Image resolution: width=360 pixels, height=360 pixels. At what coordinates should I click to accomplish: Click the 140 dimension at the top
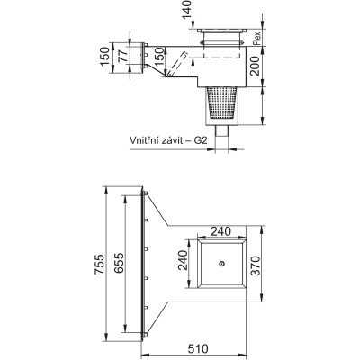click(186, 9)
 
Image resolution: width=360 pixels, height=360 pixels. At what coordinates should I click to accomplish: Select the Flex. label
click(257, 37)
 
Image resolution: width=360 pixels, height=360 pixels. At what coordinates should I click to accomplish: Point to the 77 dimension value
click(122, 56)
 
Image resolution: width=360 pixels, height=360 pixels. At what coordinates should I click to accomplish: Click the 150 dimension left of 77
click(105, 57)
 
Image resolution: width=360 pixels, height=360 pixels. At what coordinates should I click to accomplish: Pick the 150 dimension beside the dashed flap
click(159, 57)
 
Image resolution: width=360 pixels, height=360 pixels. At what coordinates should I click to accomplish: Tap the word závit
click(173, 140)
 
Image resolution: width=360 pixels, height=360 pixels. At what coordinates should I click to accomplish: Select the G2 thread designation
click(201, 140)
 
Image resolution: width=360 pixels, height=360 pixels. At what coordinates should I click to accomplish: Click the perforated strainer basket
click(221, 103)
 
